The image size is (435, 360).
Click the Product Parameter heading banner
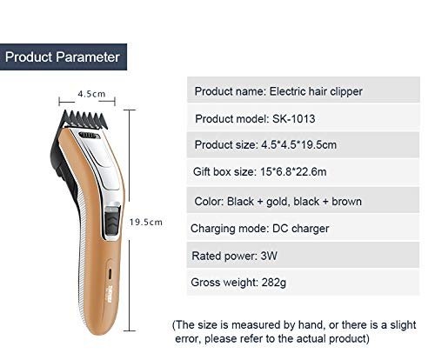point(64,57)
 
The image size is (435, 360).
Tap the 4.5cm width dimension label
point(91,94)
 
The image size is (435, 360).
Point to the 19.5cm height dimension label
point(146,223)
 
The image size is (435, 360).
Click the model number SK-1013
point(293,119)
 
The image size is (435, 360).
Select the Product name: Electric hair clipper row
point(304,90)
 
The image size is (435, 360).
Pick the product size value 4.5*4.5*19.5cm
point(298,145)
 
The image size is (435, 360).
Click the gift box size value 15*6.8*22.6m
point(293,172)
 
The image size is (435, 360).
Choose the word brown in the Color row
point(346,202)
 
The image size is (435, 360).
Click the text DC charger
point(301,229)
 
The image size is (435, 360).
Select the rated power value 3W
point(269,256)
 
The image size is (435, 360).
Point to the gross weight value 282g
point(274,283)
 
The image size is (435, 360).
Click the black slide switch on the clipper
point(112,223)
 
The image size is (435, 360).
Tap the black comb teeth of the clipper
point(84,119)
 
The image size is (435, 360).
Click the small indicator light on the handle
point(110,274)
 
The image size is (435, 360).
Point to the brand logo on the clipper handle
point(110,294)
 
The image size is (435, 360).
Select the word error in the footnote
point(187,339)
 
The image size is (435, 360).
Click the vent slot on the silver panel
point(88,136)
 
